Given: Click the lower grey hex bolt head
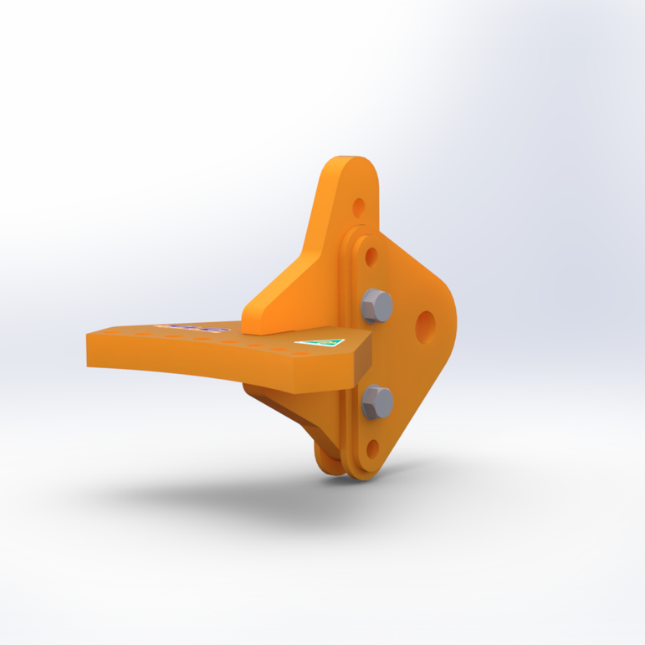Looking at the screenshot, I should (x=377, y=402).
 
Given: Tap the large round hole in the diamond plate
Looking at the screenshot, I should (x=425, y=326).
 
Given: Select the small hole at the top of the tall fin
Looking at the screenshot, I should (x=359, y=206).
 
